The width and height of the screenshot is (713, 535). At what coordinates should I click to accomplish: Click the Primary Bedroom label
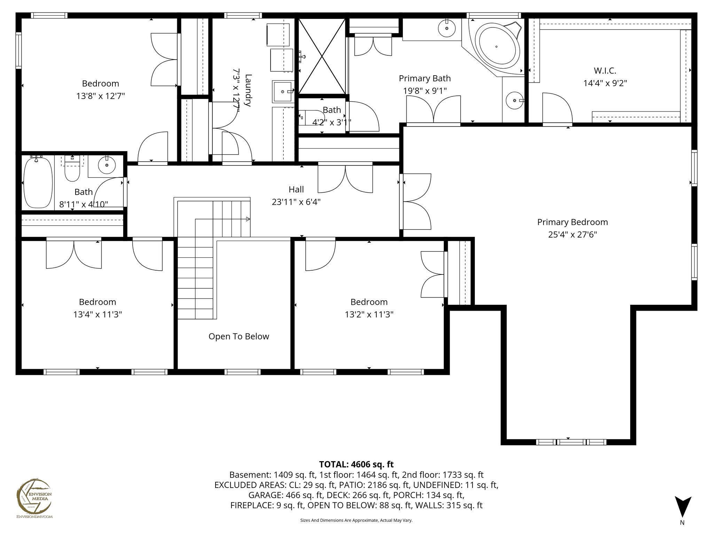pyautogui.click(x=572, y=222)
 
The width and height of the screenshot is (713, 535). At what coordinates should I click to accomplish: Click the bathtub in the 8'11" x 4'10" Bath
pyautogui.click(x=38, y=183)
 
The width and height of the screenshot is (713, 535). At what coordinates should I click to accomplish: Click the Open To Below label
pyautogui.click(x=238, y=336)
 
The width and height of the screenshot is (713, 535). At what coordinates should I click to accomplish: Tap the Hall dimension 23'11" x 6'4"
pyautogui.click(x=296, y=202)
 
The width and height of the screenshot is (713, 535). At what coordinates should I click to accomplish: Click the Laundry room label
pyautogui.click(x=248, y=90)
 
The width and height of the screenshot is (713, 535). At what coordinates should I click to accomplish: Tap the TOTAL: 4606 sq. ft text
pyautogui.click(x=356, y=464)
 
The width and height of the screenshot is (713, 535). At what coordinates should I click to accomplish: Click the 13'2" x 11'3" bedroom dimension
pyautogui.click(x=369, y=315)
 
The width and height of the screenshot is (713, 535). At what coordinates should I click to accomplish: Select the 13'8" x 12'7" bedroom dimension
pyautogui.click(x=100, y=96)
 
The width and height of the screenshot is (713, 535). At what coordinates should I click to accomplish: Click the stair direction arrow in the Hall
pyautogui.click(x=248, y=219)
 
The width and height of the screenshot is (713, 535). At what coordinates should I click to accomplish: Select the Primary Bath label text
pyautogui.click(x=424, y=78)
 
